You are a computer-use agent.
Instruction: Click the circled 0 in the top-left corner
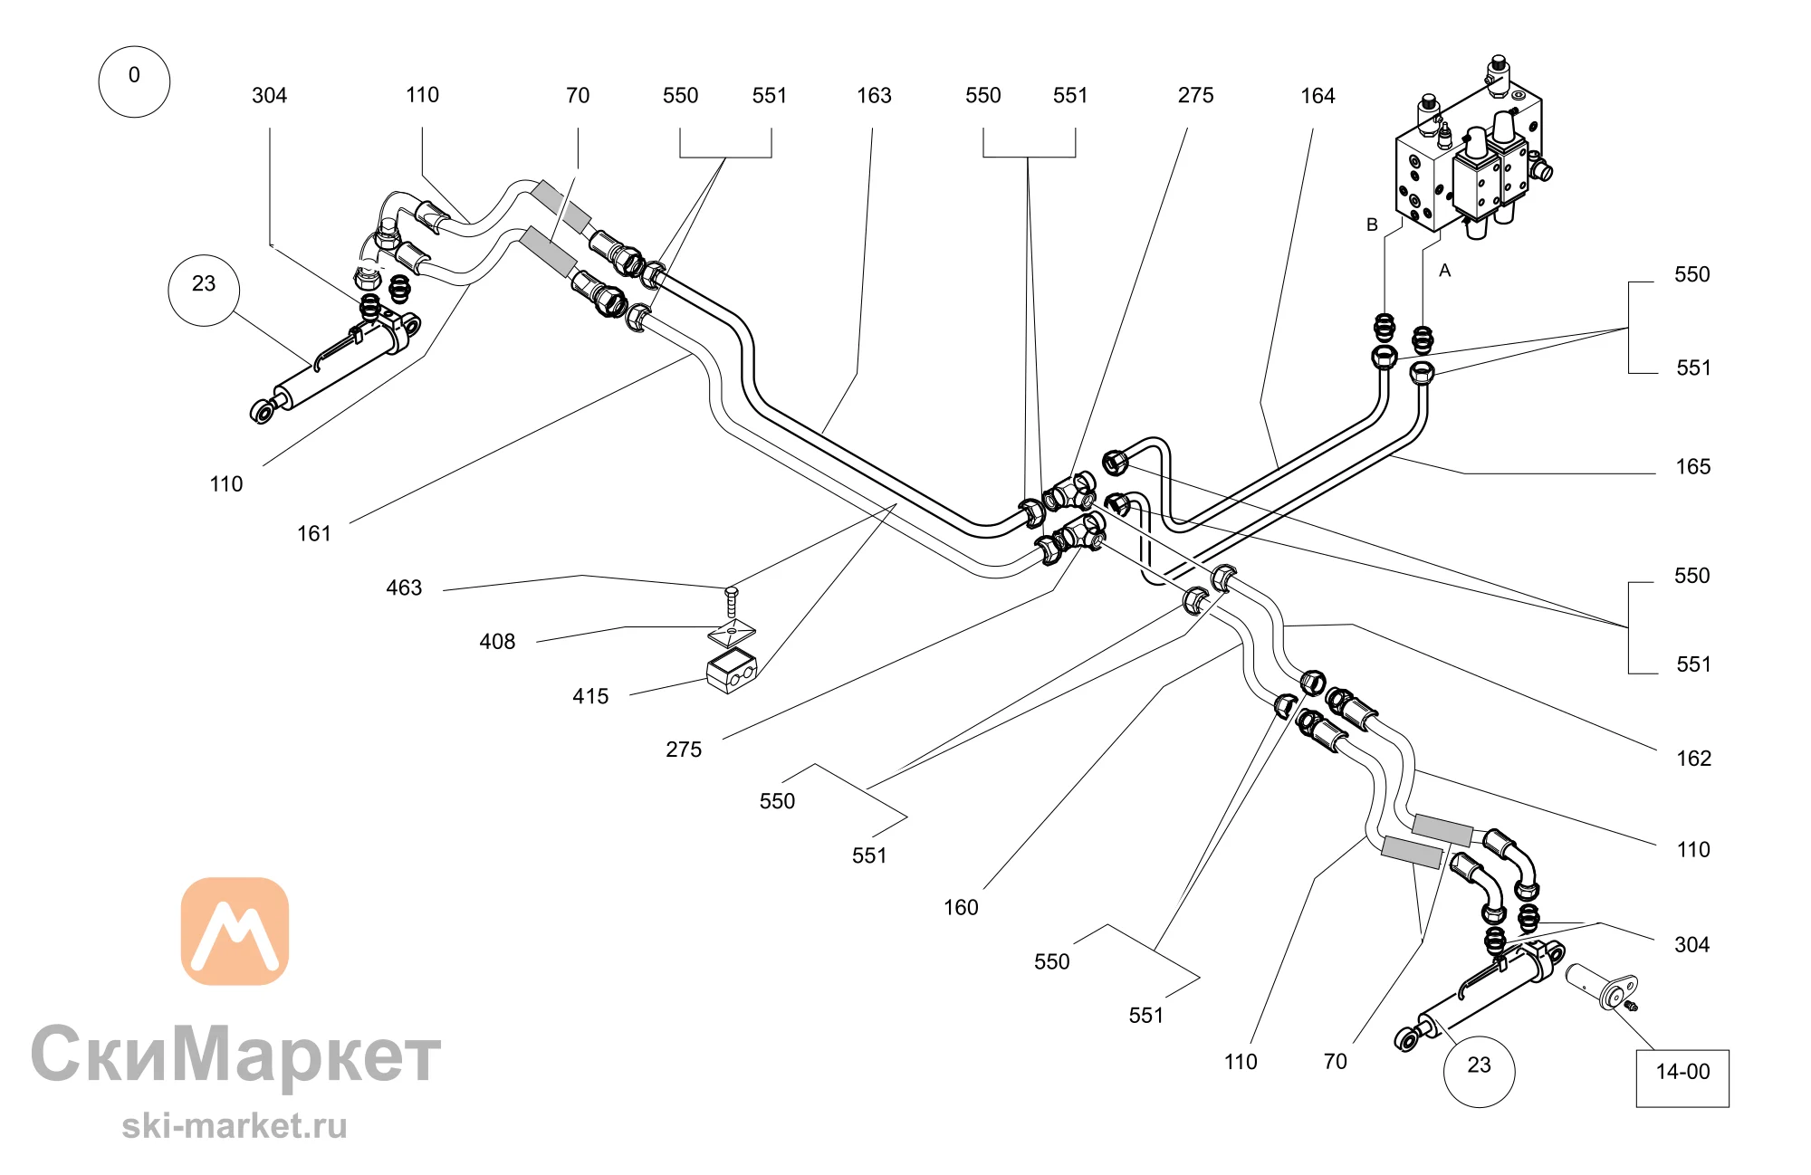pos(134,81)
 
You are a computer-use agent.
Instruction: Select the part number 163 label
pos(874,96)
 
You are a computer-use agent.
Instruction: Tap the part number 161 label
pos(314,534)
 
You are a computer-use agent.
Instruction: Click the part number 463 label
pos(404,588)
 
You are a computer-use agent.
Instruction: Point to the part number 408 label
pos(497,642)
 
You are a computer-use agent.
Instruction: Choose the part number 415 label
pos(590,697)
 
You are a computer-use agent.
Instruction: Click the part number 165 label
pos(1693,467)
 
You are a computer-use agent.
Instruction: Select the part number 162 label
pos(1694,759)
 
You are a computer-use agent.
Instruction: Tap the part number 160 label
pos(961,908)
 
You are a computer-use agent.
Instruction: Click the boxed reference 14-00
pos(1682,1077)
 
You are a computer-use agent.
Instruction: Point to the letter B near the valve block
pos(1372,224)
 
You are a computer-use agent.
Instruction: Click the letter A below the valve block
pos(1444,271)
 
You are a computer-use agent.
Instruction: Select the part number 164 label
pos(1318,96)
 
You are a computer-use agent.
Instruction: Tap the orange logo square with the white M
pos(235,931)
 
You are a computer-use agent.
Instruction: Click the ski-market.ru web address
pos(235,1126)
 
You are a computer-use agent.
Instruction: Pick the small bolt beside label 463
pos(732,602)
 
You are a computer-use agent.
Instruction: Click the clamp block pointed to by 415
pos(731,671)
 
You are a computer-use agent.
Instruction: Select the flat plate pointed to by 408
pos(732,631)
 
